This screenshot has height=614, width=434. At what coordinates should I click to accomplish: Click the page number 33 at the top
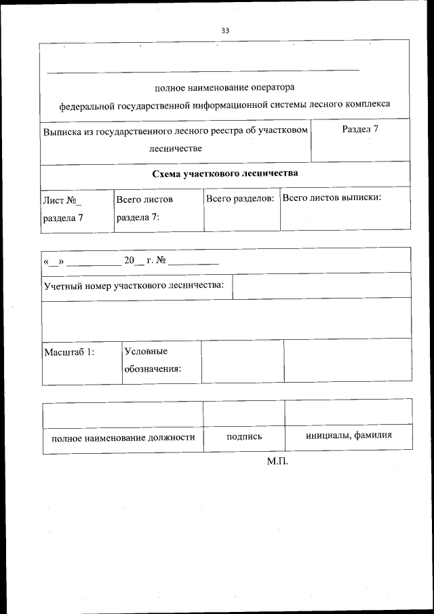(224, 31)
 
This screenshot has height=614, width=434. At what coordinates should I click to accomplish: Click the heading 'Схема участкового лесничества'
(224, 174)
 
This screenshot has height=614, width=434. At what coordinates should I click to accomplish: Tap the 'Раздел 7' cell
(359, 129)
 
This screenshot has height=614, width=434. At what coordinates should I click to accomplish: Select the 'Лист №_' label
(62, 200)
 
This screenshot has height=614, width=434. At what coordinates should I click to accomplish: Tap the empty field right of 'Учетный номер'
(321, 286)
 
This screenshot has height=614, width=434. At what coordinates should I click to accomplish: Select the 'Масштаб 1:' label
(68, 352)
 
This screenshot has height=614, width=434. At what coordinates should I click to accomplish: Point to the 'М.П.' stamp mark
(277, 462)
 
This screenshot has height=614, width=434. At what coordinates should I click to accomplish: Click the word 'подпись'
(244, 436)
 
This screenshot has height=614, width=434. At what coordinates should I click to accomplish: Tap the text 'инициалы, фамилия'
(349, 436)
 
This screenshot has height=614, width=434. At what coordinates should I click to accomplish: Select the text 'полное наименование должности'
(123, 437)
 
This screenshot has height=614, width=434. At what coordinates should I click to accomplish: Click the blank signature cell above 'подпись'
(244, 413)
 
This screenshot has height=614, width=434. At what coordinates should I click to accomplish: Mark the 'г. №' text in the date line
(151, 261)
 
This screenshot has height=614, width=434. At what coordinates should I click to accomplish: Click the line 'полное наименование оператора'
(224, 88)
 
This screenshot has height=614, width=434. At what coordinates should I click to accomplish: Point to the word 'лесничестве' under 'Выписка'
(175, 148)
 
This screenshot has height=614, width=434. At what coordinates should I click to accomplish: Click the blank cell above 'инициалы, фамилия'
(349, 412)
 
